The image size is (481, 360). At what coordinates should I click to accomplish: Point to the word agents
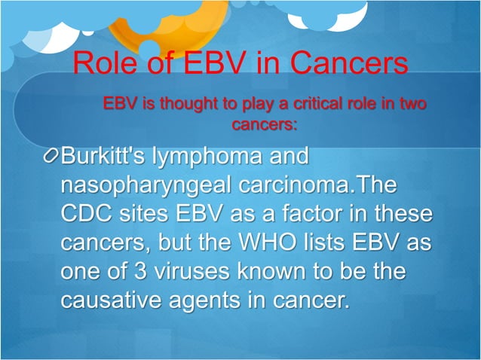218,301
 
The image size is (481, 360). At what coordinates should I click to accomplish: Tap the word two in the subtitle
410,103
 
